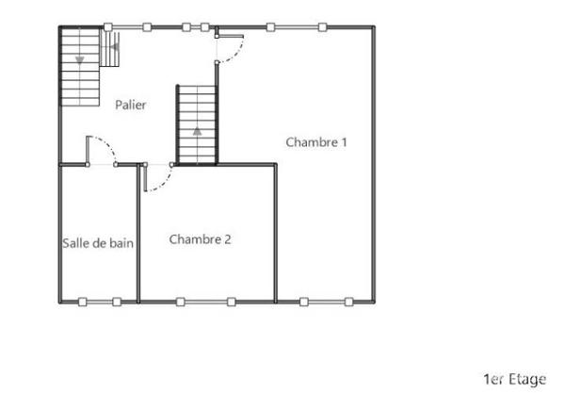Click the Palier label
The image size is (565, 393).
(x=130, y=106)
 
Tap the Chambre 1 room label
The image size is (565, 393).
(x=316, y=142)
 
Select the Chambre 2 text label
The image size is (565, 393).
(x=200, y=239)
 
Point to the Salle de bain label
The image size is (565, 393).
(x=98, y=243)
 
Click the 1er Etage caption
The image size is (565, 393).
(x=514, y=379)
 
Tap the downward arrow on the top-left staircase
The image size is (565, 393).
(x=80, y=58)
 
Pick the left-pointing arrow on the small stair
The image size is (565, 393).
(x=113, y=44)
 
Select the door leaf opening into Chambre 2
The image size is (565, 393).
(x=145, y=177)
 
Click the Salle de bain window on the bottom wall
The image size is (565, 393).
(x=99, y=302)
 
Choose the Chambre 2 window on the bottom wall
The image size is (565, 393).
(x=205, y=302)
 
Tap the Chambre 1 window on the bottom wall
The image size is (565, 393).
(x=326, y=302)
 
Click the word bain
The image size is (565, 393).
(x=121, y=243)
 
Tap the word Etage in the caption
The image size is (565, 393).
(x=527, y=379)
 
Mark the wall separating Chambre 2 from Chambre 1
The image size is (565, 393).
(x=276, y=236)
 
